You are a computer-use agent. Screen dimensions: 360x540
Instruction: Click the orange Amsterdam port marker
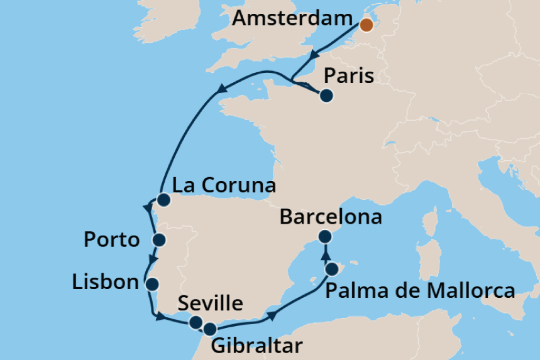tap(366, 25)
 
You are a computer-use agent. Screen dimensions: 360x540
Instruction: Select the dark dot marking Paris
tap(326, 96)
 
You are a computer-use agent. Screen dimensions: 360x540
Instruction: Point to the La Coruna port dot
tap(163, 200)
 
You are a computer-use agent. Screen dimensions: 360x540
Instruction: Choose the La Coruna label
tap(224, 186)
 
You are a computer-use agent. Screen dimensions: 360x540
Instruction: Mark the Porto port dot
tap(158, 239)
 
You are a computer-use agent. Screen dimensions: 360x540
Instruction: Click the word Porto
tap(111, 239)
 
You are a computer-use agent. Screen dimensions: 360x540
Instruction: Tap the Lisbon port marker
tap(152, 283)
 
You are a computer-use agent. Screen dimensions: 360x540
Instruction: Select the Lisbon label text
tap(105, 282)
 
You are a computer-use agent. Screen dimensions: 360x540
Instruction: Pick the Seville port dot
tap(196, 322)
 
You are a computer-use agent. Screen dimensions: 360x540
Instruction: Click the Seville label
tap(210, 304)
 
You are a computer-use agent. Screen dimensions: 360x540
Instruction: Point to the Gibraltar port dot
tap(210, 328)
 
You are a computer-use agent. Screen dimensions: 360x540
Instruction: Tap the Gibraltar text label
tap(256, 346)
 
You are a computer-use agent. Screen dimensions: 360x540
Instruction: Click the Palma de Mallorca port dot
tap(332, 270)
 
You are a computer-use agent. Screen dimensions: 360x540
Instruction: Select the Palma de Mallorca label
tap(420, 291)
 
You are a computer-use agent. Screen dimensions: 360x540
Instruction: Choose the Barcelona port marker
tap(325, 237)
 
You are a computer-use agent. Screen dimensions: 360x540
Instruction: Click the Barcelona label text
tap(331, 217)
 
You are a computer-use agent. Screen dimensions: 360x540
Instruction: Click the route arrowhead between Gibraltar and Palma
tap(272, 314)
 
